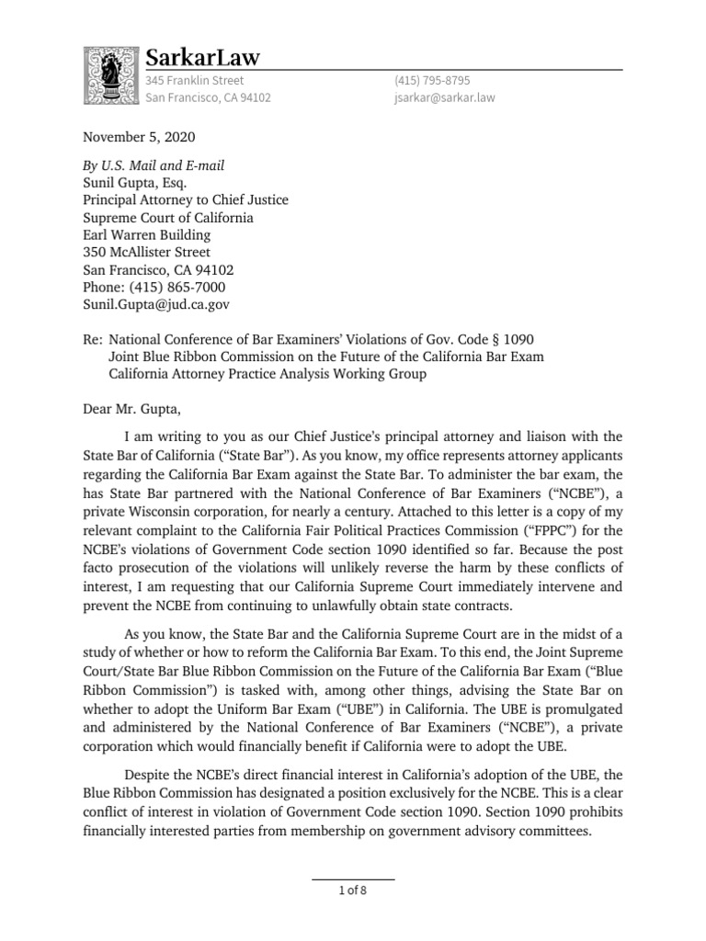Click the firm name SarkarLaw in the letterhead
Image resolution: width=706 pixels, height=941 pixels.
pos(203,58)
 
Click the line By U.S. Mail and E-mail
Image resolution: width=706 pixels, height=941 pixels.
pos(154,165)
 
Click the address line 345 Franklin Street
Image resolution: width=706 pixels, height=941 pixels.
pos(195,81)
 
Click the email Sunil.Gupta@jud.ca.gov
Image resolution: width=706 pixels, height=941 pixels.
pos(156,303)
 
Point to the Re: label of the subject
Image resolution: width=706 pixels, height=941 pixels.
pos(93,340)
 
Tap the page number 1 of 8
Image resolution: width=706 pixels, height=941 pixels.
pos(353,890)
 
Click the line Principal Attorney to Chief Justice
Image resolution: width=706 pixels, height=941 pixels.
pos(185,200)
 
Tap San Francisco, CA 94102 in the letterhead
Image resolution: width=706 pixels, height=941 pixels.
pos(209,98)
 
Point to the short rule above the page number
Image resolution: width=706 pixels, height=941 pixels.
pos(353,879)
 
